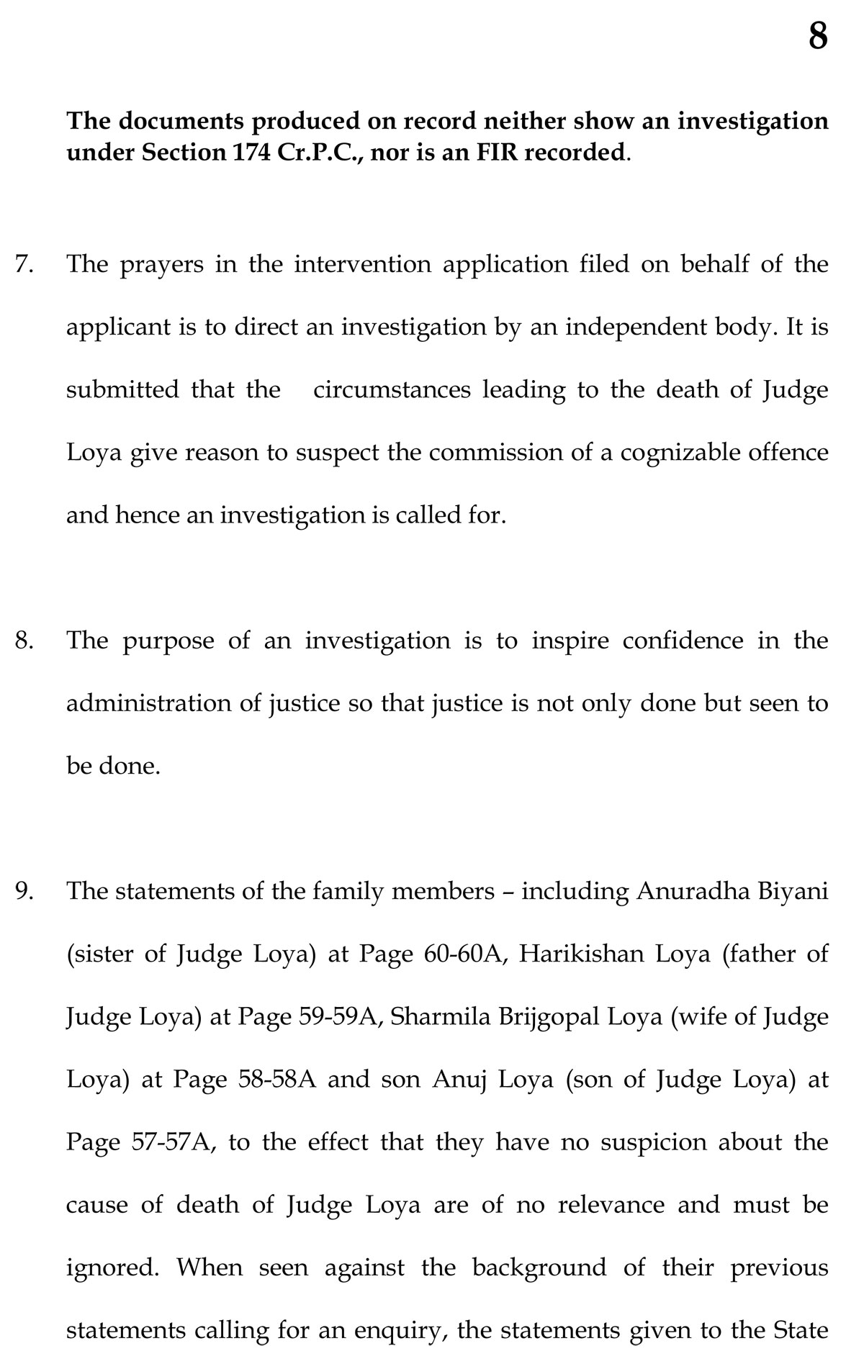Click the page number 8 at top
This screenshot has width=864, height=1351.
point(817,36)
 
